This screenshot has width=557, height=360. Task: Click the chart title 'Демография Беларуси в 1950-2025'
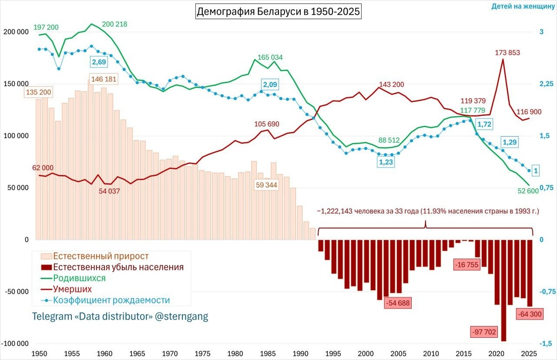coord(278,12)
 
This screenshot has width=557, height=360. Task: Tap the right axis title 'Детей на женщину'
coord(524,6)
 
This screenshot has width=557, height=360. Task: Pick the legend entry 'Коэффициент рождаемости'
coord(111,300)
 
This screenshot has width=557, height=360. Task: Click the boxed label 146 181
coord(104,79)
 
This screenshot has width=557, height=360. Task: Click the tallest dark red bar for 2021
coord(504,290)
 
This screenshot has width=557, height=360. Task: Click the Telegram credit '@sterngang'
coord(183,316)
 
